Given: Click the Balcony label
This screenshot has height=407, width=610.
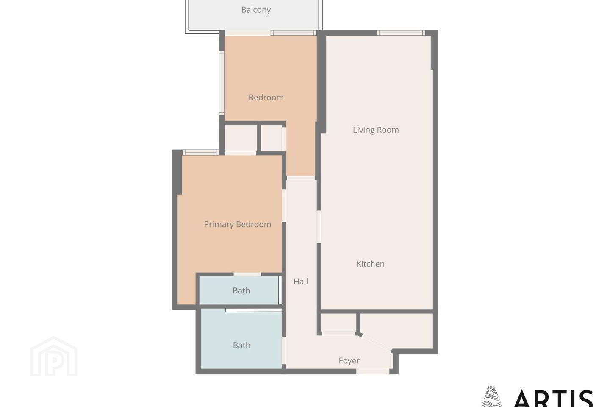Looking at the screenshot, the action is point(256,10).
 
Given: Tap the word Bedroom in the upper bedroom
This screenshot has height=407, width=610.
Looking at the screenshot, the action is point(266,98).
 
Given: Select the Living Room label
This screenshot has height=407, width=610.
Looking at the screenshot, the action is point(376,130).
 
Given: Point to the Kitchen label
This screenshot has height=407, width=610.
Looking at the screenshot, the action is point(370,264).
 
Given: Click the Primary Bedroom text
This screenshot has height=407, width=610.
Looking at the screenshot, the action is point(238,224).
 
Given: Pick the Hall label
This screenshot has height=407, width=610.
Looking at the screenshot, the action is point(301,282).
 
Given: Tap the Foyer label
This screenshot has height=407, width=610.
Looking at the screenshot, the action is point(349,361).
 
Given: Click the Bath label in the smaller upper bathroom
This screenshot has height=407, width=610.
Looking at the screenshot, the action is point(241,290).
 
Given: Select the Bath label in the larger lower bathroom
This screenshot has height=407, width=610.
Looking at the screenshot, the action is point(241,346).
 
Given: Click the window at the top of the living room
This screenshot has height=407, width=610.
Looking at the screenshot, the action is point(401,33).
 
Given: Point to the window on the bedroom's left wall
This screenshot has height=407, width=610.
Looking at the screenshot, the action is point(222,83).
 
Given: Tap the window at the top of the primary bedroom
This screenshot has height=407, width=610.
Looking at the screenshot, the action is point(201,152).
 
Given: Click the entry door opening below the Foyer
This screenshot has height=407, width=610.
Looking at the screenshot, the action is point(373,371).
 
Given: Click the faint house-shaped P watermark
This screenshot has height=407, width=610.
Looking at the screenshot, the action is point(54,357).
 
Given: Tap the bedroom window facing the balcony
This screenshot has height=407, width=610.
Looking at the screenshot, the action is point(294,33).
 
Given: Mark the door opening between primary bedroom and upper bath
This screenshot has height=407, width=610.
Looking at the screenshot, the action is point(247,274).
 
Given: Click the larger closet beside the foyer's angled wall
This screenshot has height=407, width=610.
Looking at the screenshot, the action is point(396,330).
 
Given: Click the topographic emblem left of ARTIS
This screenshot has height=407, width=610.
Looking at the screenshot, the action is point(492,397).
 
